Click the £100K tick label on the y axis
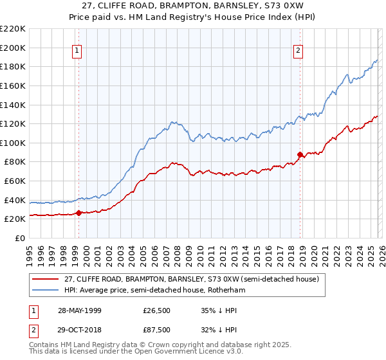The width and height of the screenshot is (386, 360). point(13,143)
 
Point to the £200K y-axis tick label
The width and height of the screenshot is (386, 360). point(13,48)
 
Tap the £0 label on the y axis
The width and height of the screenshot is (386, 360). point(19,238)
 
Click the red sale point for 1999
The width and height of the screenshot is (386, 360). point(78,213)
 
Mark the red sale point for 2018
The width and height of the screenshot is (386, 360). point(299,154)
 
